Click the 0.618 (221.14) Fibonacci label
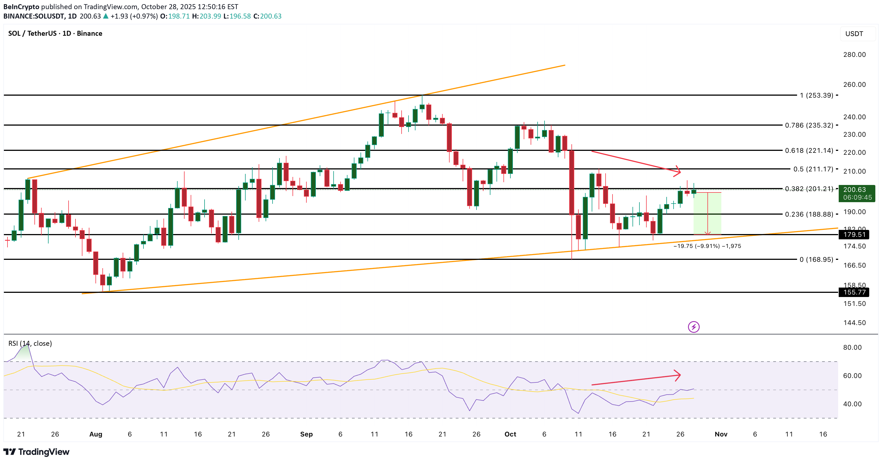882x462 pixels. click(x=809, y=150)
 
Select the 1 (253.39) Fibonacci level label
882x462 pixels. click(x=816, y=95)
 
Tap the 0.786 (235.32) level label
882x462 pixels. click(x=809, y=125)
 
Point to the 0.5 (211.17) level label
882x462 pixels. click(x=813, y=169)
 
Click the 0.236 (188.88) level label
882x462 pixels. click(x=809, y=214)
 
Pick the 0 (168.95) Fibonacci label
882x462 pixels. click(x=816, y=259)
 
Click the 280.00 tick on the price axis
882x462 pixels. click(x=854, y=54)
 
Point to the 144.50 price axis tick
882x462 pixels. click(x=854, y=323)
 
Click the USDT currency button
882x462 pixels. click(x=854, y=34)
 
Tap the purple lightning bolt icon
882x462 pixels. click(x=694, y=327)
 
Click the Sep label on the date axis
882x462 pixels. click(x=306, y=434)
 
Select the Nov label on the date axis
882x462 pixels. click(x=721, y=434)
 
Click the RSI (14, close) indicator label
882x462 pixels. click(x=30, y=343)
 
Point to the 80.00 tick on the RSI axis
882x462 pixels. click(x=852, y=347)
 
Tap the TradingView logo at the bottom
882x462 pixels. click(x=37, y=452)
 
